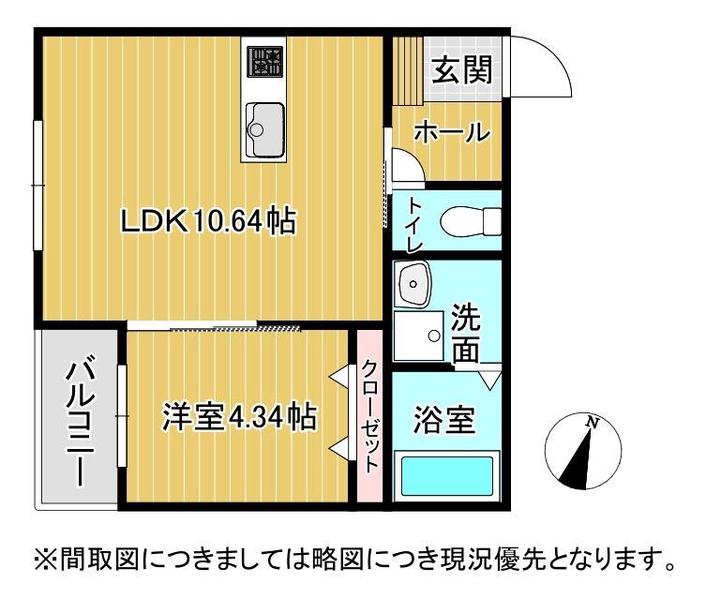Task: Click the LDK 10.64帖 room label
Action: point(208,222)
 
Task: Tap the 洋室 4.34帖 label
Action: point(238,416)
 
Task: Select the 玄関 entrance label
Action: point(462,70)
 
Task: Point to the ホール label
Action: point(452,133)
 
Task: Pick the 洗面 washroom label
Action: point(466,333)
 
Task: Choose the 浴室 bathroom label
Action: point(443,418)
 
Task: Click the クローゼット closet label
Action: point(370,416)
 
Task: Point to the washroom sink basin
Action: point(412,283)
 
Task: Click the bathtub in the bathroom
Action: point(446,476)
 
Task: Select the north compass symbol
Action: point(584,453)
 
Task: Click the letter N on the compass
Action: point(593,423)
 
